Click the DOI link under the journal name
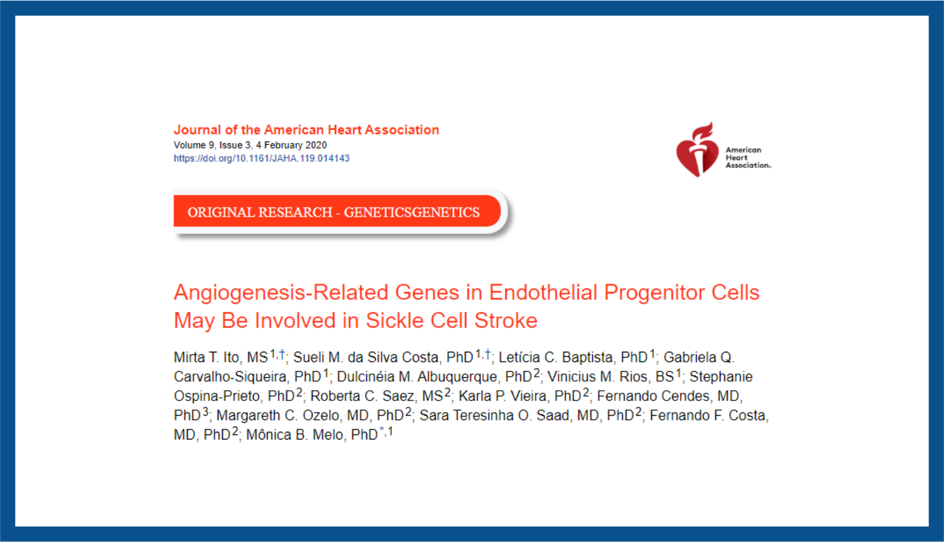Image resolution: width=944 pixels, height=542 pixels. pos(261,158)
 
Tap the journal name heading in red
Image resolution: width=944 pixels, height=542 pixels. pos(306,130)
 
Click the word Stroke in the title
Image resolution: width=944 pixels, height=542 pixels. pos(506,320)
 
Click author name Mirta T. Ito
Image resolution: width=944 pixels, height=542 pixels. pos(206,357)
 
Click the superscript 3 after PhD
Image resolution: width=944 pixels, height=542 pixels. pos(205,411)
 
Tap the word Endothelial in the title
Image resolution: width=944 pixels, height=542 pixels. pos(543,293)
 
